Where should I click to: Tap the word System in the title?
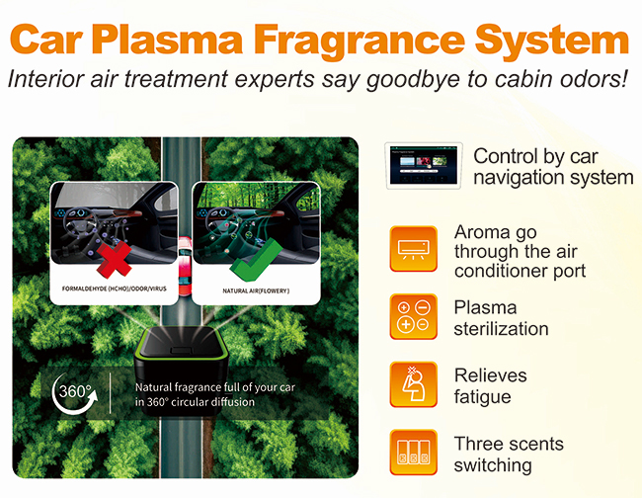click(551, 41)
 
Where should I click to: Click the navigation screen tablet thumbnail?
click(424, 165)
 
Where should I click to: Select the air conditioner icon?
click(414, 249)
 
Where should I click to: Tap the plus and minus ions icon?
click(414, 316)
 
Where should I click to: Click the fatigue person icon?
click(414, 384)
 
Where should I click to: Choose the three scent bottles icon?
click(414, 453)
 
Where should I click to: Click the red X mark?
click(115, 260)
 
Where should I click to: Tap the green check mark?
click(256, 260)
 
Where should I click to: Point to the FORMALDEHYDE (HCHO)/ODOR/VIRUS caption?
click(115, 289)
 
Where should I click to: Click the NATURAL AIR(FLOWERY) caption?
click(256, 290)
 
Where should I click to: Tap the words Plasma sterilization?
click(501, 318)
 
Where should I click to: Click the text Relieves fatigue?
click(490, 386)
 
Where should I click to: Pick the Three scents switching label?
click(509, 455)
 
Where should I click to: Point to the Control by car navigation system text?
click(553, 167)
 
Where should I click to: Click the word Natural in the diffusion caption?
click(153, 387)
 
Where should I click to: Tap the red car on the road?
click(185, 266)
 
